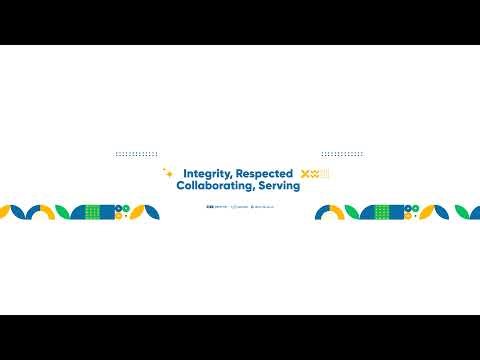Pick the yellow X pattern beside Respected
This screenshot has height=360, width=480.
(310, 175)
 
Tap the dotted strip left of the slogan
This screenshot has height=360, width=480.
(136, 154)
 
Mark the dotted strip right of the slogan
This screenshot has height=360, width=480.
(342, 154)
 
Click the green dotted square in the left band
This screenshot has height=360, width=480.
(93, 211)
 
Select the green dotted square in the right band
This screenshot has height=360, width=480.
(382, 211)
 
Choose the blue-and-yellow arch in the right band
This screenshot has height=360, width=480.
(330, 212)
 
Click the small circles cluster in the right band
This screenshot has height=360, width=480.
(411, 211)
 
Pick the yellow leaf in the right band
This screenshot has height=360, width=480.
(437, 211)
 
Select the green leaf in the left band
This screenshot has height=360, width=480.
(65, 211)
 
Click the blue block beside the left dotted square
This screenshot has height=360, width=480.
(107, 211)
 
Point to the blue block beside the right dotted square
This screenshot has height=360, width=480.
(397, 211)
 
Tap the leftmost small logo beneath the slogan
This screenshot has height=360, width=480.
(213, 206)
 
